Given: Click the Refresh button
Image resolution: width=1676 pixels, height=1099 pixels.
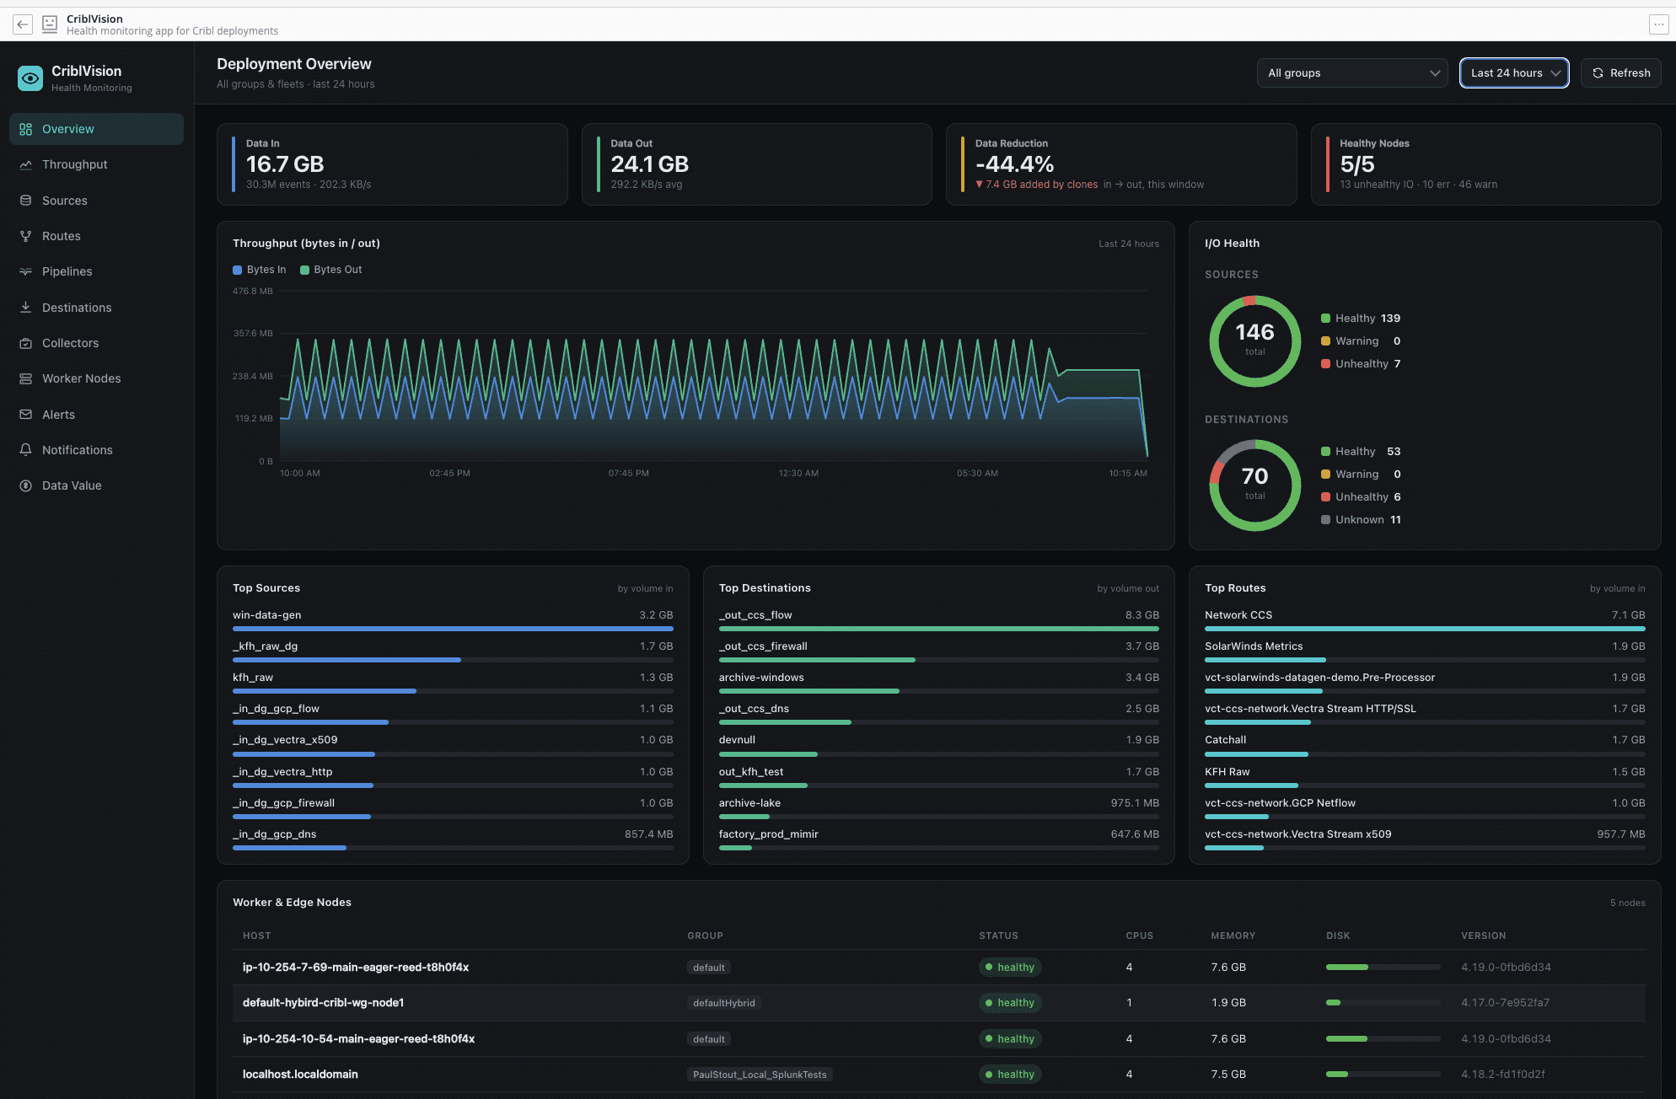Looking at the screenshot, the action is coord(1620,73).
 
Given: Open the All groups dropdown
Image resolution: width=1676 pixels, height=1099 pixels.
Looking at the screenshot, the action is coord(1351,73).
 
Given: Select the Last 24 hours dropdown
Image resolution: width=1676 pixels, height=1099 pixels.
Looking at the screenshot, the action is coord(1514,73).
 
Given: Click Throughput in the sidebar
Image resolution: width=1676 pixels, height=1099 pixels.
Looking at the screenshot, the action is coord(74,164).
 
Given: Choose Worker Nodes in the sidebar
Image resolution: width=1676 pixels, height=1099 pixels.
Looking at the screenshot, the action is coord(81,378).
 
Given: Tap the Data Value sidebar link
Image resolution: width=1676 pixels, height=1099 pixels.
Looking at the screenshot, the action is coord(72,485).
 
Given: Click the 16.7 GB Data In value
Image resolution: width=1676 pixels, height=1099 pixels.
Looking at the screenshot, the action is coord(285,164).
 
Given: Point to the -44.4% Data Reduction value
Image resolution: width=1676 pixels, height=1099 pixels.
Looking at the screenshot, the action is coord(1014,164).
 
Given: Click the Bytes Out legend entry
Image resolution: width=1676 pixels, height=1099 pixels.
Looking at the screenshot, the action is coord(330,270).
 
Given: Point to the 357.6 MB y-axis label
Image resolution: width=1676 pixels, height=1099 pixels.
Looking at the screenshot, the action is coord(253,334).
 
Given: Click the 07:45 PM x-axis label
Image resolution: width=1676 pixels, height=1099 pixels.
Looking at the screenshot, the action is coord(628,474).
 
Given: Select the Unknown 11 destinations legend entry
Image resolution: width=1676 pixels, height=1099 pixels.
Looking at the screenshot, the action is coord(1361,520).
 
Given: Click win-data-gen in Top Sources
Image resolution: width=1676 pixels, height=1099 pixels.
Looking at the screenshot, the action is coord(266,615).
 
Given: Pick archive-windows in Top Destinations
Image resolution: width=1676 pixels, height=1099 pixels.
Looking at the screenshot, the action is coord(761,678).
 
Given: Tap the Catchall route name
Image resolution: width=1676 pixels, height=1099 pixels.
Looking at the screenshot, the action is coord(1225,740).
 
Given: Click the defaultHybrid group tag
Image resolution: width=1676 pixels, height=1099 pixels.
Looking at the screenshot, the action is coord(723,1003).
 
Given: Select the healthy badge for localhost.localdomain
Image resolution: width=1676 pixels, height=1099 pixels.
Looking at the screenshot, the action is coord(1010,1075).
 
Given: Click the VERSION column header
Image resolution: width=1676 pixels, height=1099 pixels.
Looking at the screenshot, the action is coord(1483,936).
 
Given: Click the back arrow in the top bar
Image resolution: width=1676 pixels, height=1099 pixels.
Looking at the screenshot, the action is coord(23,24).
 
